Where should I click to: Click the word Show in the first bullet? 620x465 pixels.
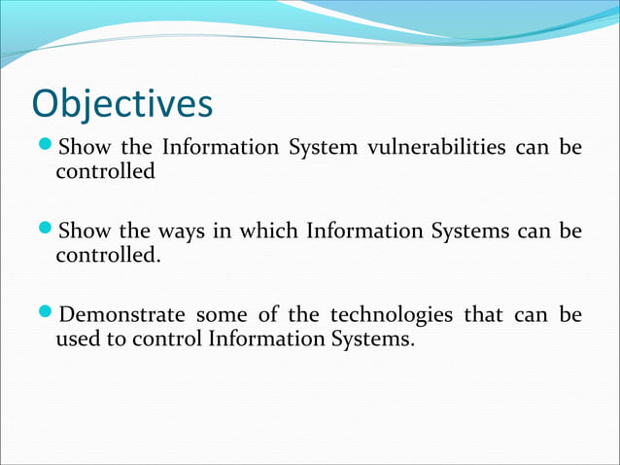tap(85, 149)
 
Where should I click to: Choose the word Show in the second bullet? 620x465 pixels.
tap(85, 232)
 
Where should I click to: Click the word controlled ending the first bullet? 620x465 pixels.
tap(104, 172)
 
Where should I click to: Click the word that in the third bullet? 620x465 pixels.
tap(477, 316)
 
